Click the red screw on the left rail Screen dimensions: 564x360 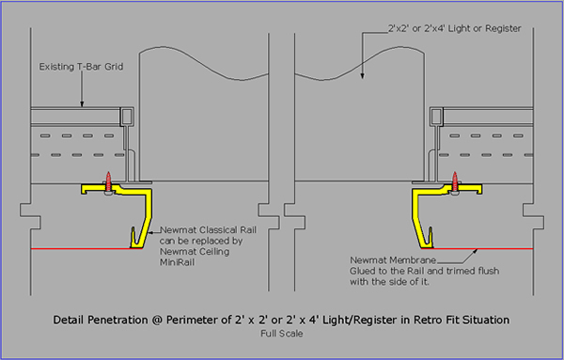tap(108, 182)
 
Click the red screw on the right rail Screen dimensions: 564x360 tap(455, 182)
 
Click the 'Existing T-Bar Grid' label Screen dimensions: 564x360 tap(81, 67)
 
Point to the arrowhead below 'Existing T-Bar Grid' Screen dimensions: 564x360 tap(82, 103)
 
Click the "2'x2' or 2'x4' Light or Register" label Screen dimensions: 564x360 tap(454, 28)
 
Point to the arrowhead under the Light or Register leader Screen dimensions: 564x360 tap(362, 75)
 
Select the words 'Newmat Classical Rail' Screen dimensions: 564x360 tap(208, 229)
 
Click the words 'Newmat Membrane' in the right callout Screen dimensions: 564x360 tap(393, 259)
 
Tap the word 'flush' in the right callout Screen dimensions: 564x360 tap(488, 271)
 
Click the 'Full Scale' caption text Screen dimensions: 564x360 tap(282, 334)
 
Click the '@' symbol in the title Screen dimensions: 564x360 tap(157, 320)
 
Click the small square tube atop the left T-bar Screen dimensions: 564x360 tap(127, 117)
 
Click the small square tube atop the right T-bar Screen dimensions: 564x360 tap(437, 117)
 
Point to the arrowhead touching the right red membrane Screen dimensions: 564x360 tap(476, 251)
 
